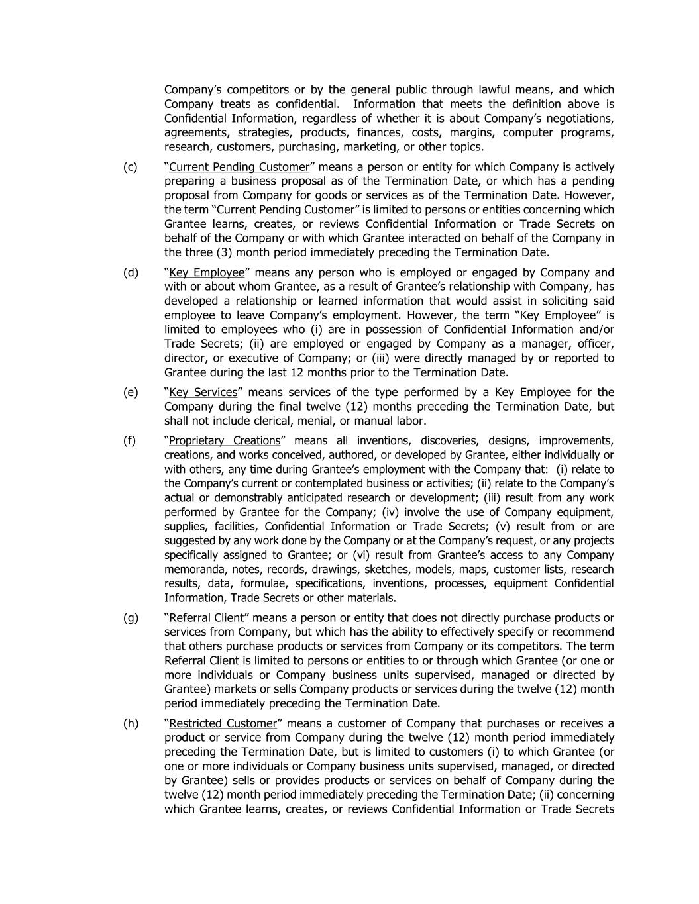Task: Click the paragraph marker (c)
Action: coord(131,167)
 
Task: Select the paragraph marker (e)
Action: coord(131,393)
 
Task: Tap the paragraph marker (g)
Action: coord(131,618)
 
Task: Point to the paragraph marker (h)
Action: coord(131,723)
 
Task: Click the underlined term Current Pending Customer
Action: coord(239,167)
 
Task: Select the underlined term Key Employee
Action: coord(207,273)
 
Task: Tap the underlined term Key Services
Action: coord(203,393)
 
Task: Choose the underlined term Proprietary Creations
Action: coord(225,441)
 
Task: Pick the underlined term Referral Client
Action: coord(207,618)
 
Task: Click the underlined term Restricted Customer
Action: coord(223,723)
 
